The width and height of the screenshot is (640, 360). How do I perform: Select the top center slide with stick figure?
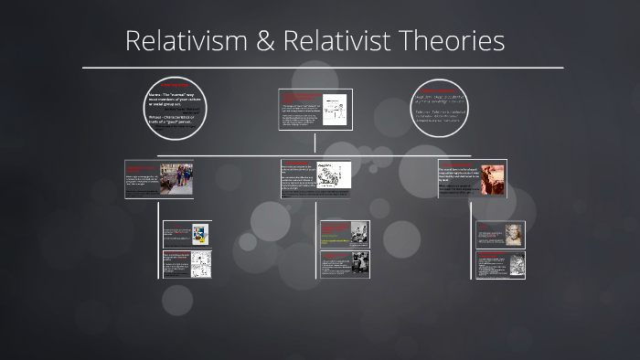click(x=315, y=111)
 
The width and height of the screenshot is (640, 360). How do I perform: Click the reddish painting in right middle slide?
click(x=493, y=179)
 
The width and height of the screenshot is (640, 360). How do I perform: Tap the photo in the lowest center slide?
click(x=357, y=264)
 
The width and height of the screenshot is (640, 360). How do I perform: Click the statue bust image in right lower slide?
click(x=514, y=234)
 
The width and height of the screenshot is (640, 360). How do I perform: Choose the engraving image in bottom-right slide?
click(x=514, y=264)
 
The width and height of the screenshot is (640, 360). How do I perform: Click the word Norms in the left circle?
click(x=155, y=93)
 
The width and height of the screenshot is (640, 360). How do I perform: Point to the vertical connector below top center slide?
click(x=315, y=143)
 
